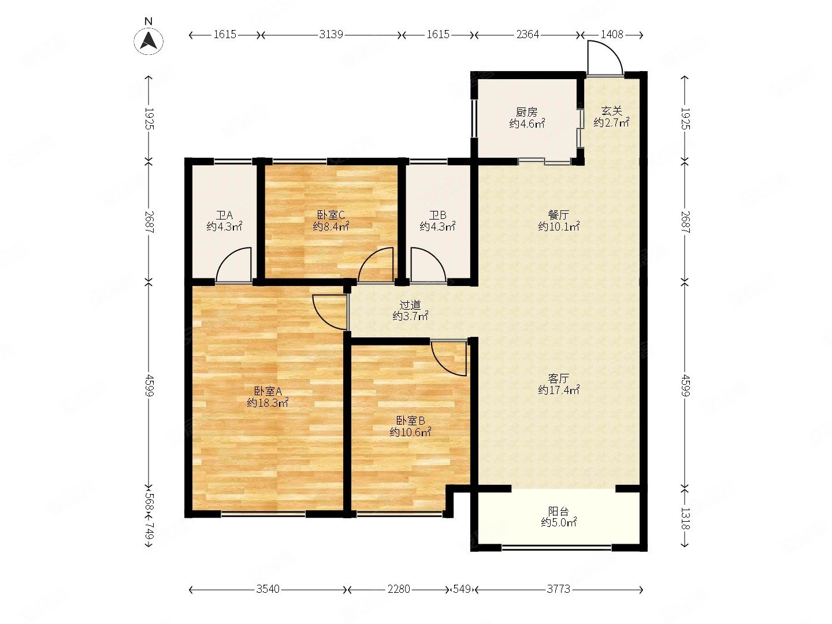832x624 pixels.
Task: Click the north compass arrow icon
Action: click(148, 41)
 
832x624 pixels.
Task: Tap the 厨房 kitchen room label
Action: click(526, 112)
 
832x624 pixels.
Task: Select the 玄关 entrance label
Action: click(611, 111)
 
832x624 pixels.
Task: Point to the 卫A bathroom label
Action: click(224, 216)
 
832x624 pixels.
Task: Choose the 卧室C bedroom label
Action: click(330, 215)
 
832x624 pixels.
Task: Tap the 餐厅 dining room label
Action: click(558, 215)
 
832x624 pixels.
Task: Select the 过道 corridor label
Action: click(410, 304)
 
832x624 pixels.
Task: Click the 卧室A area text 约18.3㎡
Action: click(268, 403)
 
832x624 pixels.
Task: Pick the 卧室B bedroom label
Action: click(410, 421)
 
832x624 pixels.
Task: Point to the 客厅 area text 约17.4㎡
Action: click(559, 389)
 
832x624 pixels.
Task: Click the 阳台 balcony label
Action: click(558, 512)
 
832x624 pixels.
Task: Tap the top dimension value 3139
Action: click(331, 35)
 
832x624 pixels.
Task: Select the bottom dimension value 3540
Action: click(268, 589)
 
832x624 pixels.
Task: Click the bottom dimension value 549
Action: click(462, 589)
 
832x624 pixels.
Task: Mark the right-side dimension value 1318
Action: click(685, 518)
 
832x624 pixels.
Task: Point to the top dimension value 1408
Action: click(612, 35)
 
